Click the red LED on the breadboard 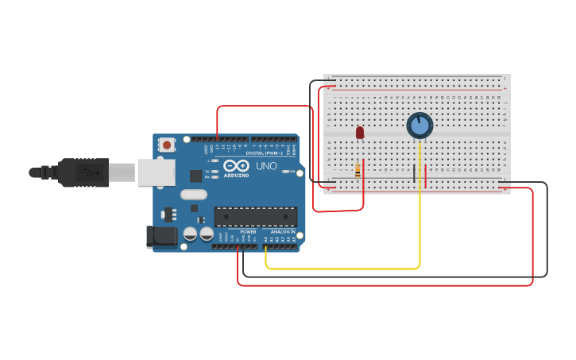(360, 133)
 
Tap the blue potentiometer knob (419, 126)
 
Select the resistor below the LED (358, 168)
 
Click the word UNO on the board (266, 167)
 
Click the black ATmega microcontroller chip (255, 216)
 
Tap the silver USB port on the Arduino (156, 172)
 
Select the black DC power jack (161, 237)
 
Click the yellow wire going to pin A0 (342, 269)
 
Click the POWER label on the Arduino (248, 232)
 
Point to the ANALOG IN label (282, 232)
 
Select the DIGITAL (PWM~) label (262, 153)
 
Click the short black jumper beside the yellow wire (414, 176)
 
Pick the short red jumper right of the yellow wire (426, 176)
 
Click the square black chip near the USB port (195, 176)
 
